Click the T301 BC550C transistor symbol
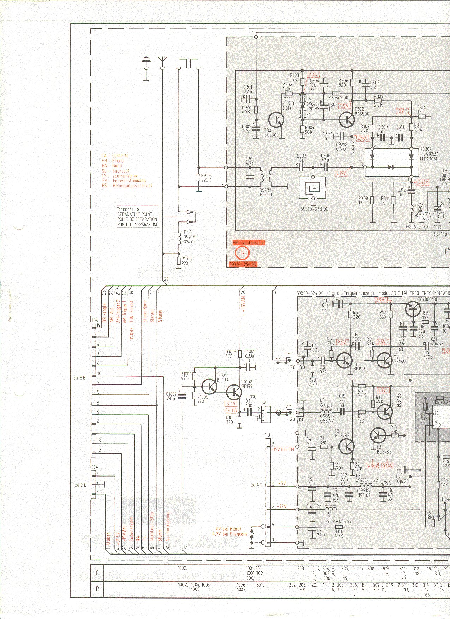[x=276, y=120]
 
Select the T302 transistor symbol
[x=347, y=120]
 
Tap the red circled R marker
[x=243, y=253]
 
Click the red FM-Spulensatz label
[x=248, y=243]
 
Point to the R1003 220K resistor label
[x=206, y=177]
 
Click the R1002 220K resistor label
[x=186, y=261]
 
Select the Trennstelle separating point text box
[x=138, y=217]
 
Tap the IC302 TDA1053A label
[x=429, y=154]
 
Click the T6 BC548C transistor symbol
[x=413, y=309]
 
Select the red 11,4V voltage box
[x=313, y=74]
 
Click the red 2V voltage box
[x=402, y=111]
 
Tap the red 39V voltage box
[x=380, y=300]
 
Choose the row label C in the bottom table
[x=97, y=573]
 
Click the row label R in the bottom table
[x=97, y=589]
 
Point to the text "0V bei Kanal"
[x=229, y=529]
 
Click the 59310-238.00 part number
[x=314, y=209]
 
